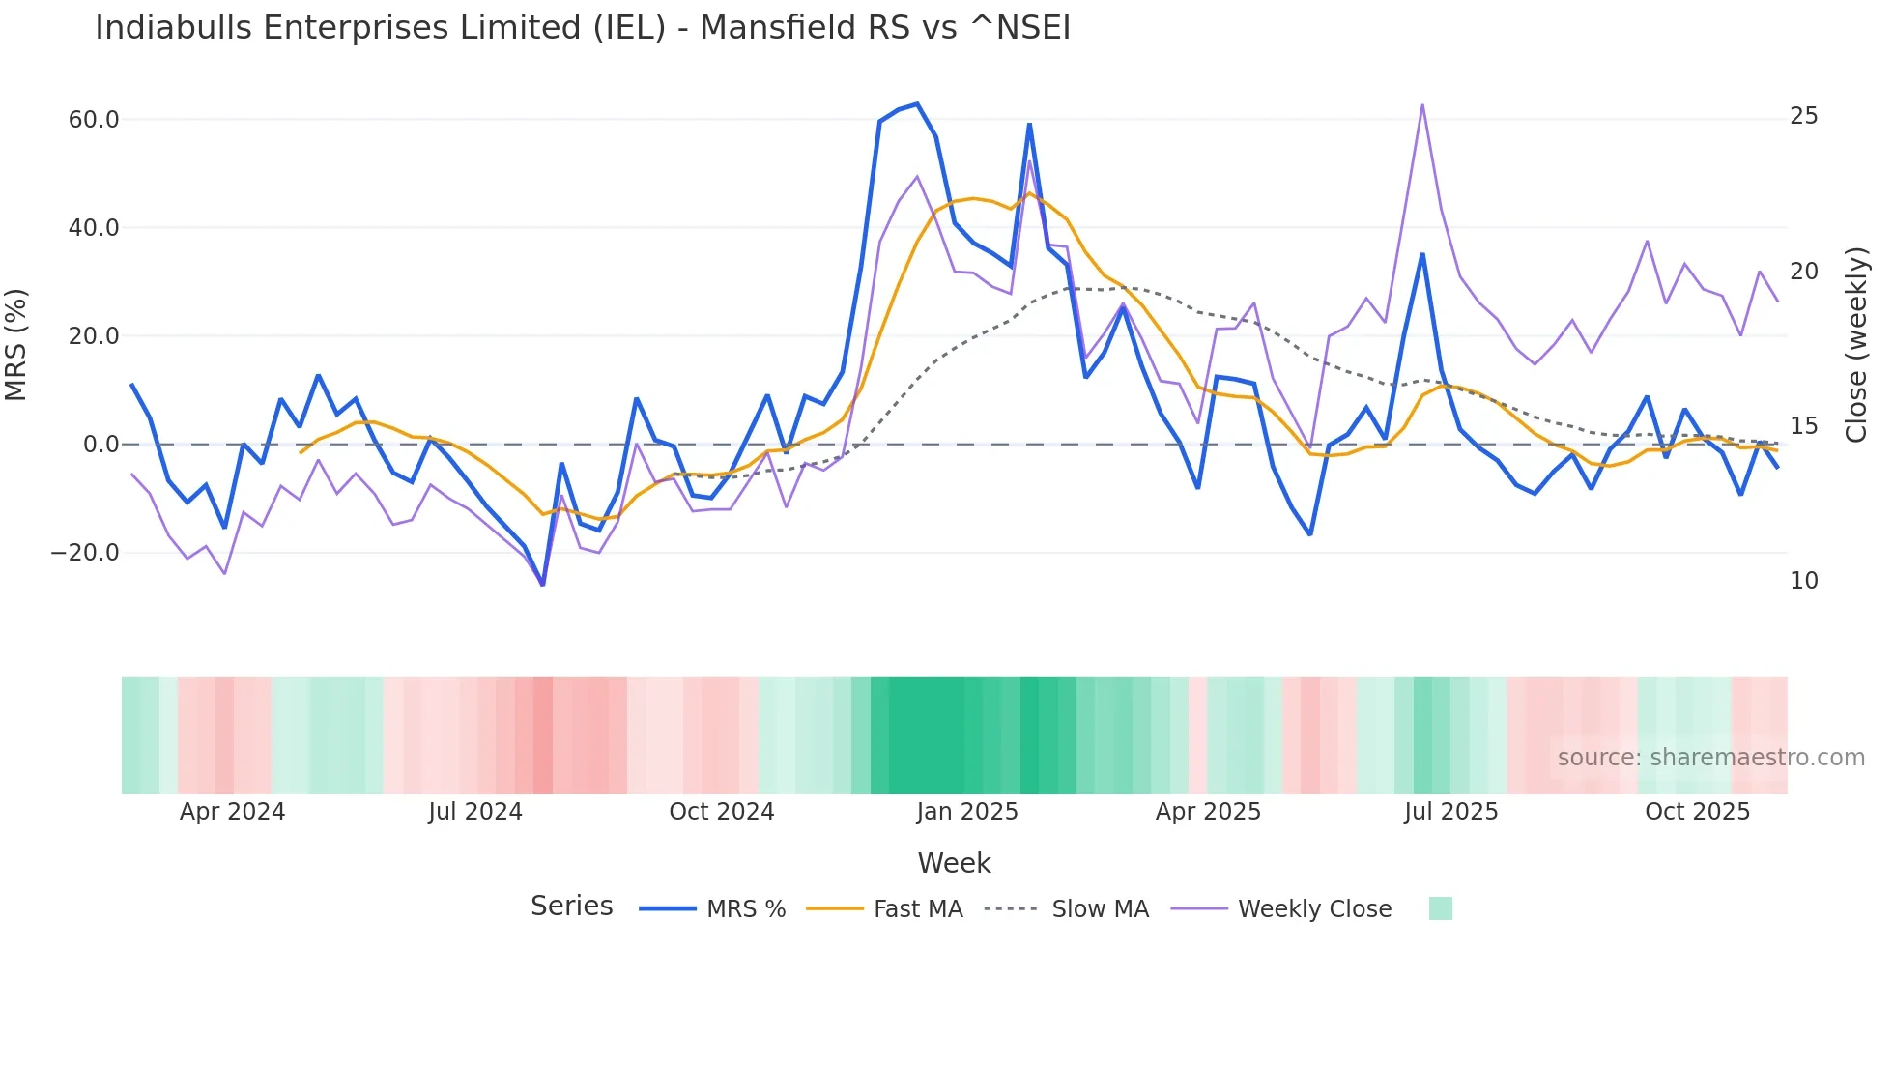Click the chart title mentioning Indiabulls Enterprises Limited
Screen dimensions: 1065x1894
coord(583,28)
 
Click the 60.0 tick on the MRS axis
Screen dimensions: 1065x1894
coord(94,120)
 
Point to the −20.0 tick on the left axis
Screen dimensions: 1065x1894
coord(85,553)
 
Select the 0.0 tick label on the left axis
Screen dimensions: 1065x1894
coord(100,445)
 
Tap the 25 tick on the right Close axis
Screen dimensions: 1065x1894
coord(1803,116)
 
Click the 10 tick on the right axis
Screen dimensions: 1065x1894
coord(1803,581)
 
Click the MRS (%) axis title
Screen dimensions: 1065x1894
coord(16,344)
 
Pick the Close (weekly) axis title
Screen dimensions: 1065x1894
coord(1855,344)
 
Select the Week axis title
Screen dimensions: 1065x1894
coord(954,863)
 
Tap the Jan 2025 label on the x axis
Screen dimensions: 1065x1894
coord(967,812)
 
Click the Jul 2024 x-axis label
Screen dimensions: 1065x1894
coord(475,812)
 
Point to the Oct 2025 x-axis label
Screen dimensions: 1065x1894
coord(1697,812)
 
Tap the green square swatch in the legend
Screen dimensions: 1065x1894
coord(1440,908)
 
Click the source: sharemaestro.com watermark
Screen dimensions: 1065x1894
coord(1710,758)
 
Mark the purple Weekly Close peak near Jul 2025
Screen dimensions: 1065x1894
coord(1422,105)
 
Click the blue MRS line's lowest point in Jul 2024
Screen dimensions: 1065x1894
coord(543,585)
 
